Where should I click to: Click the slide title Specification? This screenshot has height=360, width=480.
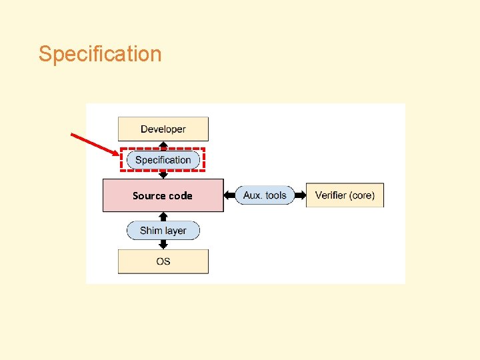pyautogui.click(x=100, y=54)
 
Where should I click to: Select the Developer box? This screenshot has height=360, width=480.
pyautogui.click(x=163, y=129)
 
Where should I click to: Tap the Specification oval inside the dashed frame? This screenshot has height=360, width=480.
pyautogui.click(x=163, y=160)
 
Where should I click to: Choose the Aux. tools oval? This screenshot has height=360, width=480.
pyautogui.click(x=265, y=195)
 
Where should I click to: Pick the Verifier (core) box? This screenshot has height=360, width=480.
pyautogui.click(x=345, y=195)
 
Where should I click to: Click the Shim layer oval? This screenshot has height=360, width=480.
pyautogui.click(x=163, y=231)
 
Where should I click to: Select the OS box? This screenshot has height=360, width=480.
pyautogui.click(x=163, y=261)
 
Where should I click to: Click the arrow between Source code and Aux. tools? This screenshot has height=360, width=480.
pyautogui.click(x=230, y=195)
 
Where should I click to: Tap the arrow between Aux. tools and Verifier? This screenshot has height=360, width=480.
pyautogui.click(x=300, y=195)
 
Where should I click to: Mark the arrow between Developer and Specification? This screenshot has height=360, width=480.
pyautogui.click(x=163, y=145)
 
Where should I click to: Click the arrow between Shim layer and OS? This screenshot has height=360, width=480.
pyautogui.click(x=163, y=245)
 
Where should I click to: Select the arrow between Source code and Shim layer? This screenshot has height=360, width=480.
pyautogui.click(x=163, y=217)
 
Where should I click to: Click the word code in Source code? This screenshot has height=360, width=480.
pyautogui.click(x=180, y=195)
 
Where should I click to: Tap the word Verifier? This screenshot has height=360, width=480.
pyautogui.click(x=331, y=195)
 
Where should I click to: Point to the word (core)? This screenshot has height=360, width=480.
pyautogui.click(x=362, y=195)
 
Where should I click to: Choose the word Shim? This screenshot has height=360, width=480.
pyautogui.click(x=151, y=231)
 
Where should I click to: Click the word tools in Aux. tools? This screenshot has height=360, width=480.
pyautogui.click(x=275, y=195)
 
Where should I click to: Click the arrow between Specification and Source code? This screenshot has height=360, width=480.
pyautogui.click(x=163, y=174)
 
